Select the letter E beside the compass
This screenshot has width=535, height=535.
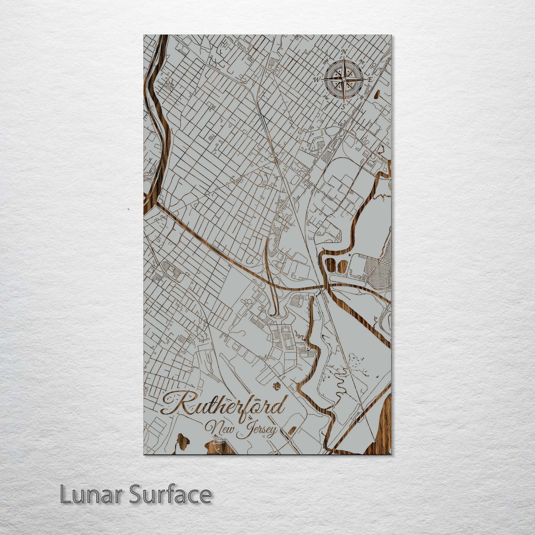click(370, 79)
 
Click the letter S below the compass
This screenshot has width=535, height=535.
click(343, 107)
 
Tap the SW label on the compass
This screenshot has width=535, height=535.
click(326, 97)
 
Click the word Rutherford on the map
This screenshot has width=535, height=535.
click(224, 405)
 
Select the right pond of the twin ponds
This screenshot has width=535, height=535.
click(342, 265)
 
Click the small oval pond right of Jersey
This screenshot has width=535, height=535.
click(292, 431)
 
